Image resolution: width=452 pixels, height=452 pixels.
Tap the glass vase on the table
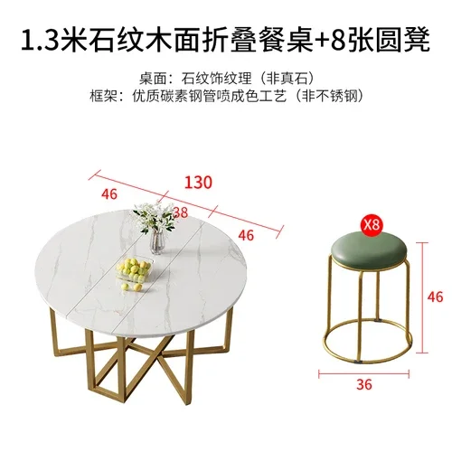156,240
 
